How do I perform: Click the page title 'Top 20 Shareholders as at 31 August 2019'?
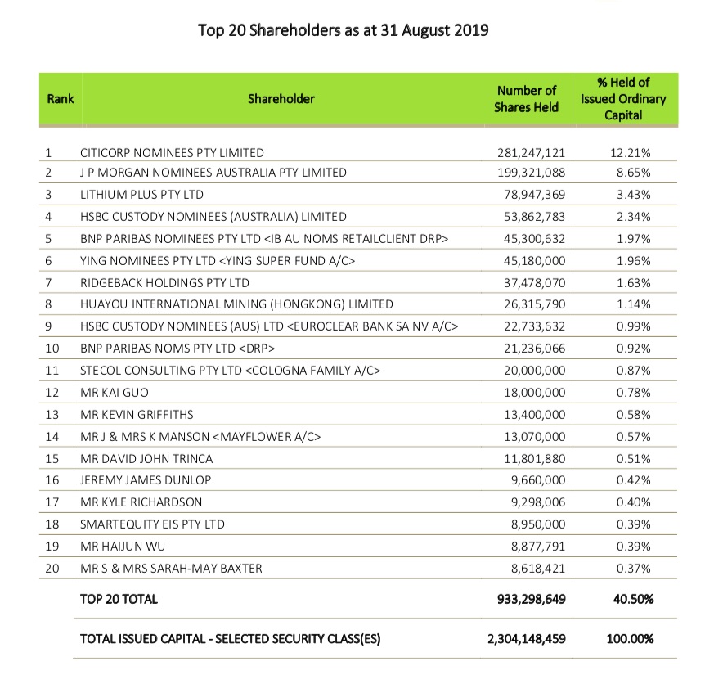click(x=344, y=31)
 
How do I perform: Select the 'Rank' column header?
click(x=60, y=99)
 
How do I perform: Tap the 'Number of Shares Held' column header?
click(x=526, y=99)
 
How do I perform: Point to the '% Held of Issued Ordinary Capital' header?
click(x=623, y=99)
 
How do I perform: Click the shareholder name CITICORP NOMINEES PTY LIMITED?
click(x=172, y=152)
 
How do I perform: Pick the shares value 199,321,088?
click(x=531, y=173)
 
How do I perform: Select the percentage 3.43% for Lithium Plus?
click(x=635, y=195)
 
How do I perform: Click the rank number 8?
click(x=48, y=304)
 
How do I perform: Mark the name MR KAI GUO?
click(x=114, y=393)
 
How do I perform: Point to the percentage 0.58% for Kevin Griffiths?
click(x=635, y=415)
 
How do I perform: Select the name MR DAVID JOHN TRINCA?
click(x=146, y=458)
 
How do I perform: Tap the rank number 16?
click(x=52, y=480)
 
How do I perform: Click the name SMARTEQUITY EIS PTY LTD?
click(x=152, y=524)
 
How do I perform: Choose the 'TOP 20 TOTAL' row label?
click(x=119, y=599)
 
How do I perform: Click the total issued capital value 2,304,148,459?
click(x=525, y=638)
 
